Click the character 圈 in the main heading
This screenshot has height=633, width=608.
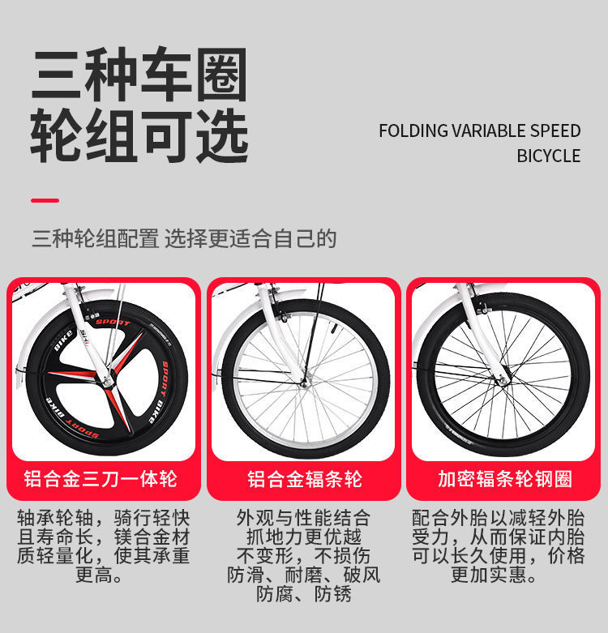(220, 75)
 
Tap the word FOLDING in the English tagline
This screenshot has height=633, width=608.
(413, 131)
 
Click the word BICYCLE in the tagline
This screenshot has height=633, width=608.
(549, 156)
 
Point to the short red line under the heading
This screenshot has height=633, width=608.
(45, 200)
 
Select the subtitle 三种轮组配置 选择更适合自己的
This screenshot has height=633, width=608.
(183, 238)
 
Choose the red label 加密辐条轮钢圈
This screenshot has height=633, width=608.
(505, 479)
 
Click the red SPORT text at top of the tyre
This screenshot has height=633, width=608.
(113, 322)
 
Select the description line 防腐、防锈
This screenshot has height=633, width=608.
(304, 594)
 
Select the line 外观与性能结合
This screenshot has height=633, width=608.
(304, 517)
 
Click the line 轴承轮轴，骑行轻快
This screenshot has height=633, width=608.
(104, 517)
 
